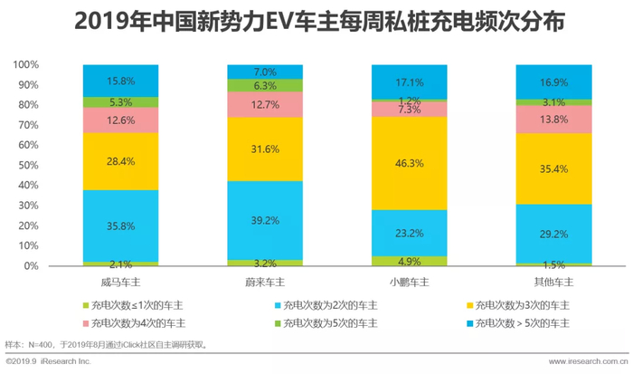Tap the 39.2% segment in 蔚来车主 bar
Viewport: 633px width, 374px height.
click(264, 220)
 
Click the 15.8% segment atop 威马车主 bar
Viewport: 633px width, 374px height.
click(119, 80)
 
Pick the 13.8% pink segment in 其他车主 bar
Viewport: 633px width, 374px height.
click(553, 120)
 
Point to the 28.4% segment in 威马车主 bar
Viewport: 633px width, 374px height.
click(119, 161)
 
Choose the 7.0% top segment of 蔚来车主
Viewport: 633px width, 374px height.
click(264, 72)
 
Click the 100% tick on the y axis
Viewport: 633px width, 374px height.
click(26, 65)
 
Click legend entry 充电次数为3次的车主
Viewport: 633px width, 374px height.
click(520, 305)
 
